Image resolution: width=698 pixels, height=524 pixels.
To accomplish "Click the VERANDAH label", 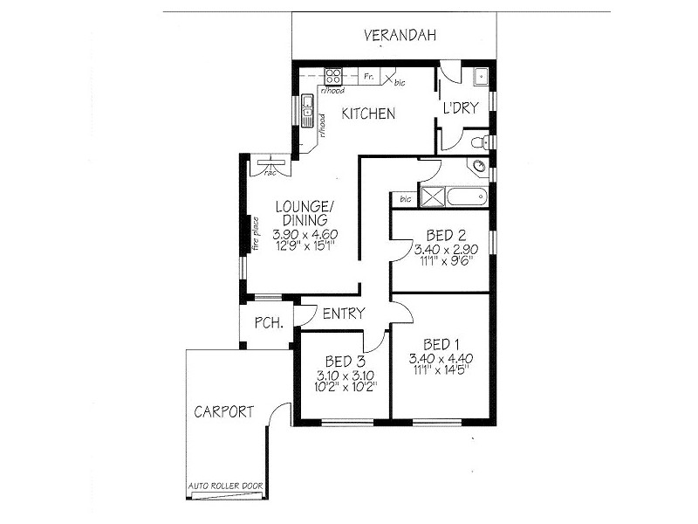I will coord(400,36).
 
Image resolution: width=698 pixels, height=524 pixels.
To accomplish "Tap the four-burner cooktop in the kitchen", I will coord(333,76).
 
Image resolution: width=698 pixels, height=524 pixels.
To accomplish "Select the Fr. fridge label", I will coord(369,76).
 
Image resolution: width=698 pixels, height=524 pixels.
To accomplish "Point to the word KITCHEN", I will coord(368,114).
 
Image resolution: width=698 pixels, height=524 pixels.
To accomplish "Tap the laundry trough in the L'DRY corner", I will coord(480,77).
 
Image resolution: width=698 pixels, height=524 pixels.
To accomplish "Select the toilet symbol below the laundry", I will coord(478,141).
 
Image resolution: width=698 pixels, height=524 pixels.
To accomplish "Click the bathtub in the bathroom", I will coord(467,196).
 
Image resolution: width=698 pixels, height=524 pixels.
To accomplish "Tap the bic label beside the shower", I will coord(405,199).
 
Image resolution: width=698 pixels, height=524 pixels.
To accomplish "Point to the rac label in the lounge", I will coord(270,172).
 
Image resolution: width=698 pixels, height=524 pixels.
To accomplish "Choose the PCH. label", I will coord(267,323).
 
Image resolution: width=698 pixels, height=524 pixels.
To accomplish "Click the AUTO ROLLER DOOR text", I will coord(226,486).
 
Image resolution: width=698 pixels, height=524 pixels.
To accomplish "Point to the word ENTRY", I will coord(344,314).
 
